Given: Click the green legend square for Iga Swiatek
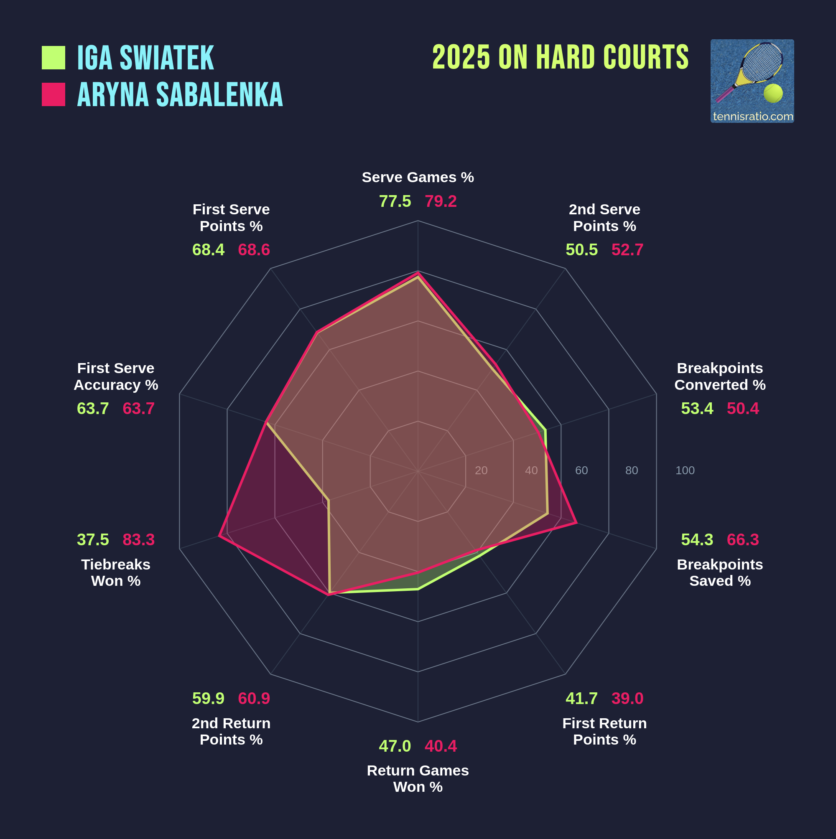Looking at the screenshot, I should [54, 58].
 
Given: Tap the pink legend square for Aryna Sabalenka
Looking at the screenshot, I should [54, 94].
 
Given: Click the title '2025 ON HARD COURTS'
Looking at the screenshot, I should [560, 57].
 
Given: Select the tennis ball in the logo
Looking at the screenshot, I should [773, 93].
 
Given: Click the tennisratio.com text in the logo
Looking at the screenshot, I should [752, 117].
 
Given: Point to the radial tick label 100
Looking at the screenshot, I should [685, 470].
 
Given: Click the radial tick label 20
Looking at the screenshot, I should [481, 470].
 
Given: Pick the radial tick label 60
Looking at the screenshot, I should [581, 470].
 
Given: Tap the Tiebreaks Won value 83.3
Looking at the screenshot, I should [139, 540].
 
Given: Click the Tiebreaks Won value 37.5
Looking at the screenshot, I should [92, 540].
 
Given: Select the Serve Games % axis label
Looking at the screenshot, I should [418, 177].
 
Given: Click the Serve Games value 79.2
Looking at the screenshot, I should [441, 201].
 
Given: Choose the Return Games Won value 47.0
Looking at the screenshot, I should [395, 746].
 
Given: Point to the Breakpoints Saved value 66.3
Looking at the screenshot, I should [743, 540].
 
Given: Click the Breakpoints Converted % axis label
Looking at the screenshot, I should [719, 376].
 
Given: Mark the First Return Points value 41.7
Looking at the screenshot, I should [581, 698].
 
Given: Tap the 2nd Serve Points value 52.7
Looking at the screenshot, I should [627, 250].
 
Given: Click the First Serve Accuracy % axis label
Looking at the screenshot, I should [116, 376].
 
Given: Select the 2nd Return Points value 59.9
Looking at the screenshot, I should [208, 698].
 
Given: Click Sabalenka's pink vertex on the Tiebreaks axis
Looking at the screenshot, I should [219, 536].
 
